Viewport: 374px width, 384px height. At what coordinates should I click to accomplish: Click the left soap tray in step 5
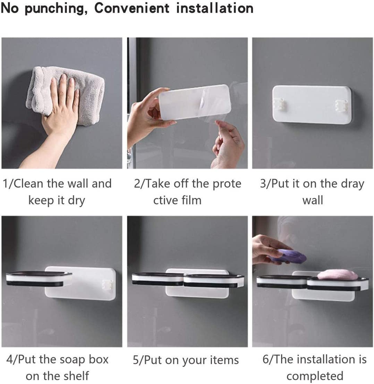coord(157,279)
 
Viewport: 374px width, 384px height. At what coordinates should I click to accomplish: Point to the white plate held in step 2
coord(194,102)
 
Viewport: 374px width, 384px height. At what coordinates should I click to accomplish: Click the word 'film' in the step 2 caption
coord(191,200)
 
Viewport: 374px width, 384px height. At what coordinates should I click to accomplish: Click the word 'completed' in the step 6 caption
coord(315,376)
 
